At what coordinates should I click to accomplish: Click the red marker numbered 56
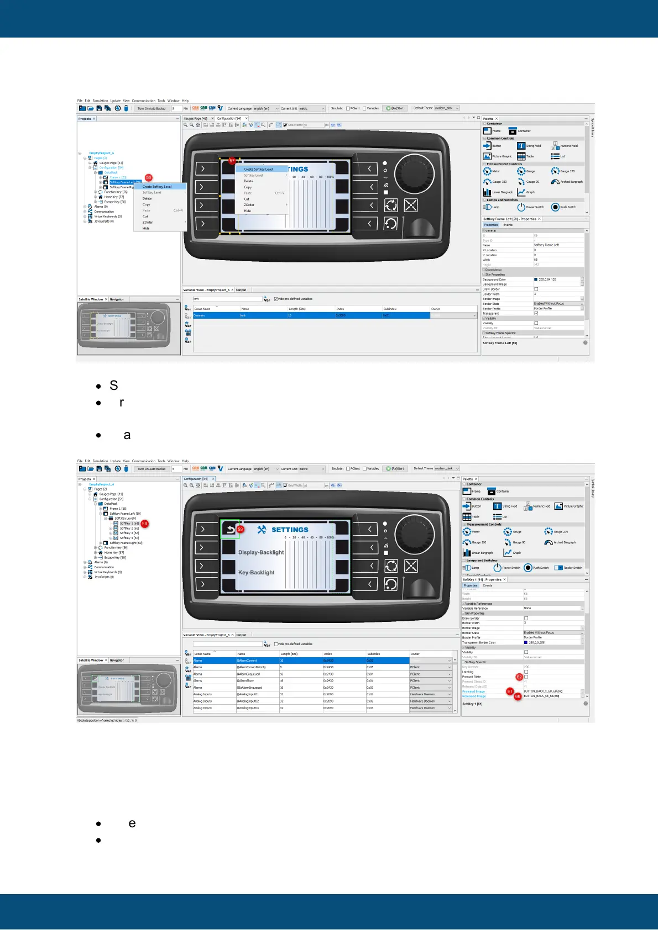[148, 178]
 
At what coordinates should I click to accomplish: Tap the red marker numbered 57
[232, 161]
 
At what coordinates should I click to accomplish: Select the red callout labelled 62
[519, 677]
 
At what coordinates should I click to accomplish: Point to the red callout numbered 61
[509, 691]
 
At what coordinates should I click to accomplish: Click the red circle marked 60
[518, 696]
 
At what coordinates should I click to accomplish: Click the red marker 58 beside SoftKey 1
[144, 524]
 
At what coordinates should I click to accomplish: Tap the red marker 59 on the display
[240, 529]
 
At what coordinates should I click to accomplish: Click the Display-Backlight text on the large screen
[261, 552]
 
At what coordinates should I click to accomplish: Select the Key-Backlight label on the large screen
[256, 573]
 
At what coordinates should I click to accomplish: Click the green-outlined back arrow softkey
[229, 529]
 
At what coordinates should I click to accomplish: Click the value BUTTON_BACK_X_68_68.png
[543, 691]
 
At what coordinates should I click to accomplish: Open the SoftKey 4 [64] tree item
[129, 538]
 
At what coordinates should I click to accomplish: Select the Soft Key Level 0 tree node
[125, 519]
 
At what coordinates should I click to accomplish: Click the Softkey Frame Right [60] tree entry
[126, 543]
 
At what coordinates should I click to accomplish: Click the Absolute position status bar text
[107, 720]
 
